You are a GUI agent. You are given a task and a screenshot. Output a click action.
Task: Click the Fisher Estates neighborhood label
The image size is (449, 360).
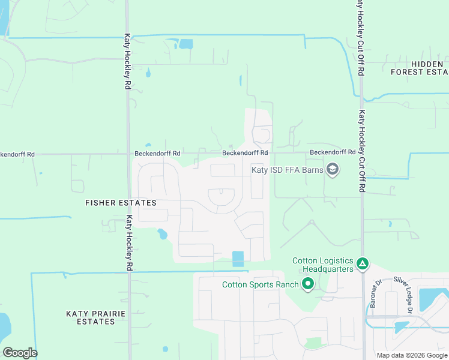[x=121, y=203]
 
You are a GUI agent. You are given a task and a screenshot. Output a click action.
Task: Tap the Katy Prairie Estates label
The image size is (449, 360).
[x=90, y=317]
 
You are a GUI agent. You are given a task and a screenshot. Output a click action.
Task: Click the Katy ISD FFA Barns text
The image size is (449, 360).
[x=287, y=170]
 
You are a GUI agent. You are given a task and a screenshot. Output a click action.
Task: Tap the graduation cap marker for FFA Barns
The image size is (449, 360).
[x=333, y=170]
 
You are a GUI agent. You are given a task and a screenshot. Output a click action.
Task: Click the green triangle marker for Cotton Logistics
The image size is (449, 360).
[x=362, y=263]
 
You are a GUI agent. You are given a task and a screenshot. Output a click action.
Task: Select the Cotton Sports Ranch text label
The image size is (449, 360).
[x=261, y=284]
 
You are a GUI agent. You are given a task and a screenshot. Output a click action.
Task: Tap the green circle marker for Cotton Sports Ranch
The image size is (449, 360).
[x=308, y=283]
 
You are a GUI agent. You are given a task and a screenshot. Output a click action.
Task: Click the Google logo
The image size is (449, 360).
[x=20, y=353]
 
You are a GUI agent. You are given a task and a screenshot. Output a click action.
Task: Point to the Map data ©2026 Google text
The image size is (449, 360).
[x=412, y=355]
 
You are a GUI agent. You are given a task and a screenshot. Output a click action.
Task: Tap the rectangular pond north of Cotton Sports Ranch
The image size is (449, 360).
[x=238, y=259]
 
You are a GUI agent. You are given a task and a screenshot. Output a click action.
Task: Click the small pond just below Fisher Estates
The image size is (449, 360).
[x=162, y=234]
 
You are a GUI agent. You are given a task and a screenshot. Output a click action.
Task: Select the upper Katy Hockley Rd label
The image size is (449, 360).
[x=128, y=61]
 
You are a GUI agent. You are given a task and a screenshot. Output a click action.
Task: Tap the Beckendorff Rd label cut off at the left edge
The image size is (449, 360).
[x=17, y=154]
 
